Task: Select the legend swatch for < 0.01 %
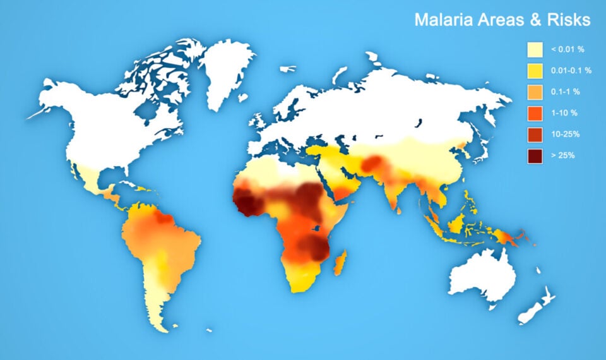535,49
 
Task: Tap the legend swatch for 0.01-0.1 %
535,70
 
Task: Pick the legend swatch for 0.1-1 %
535,92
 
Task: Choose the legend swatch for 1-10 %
535,113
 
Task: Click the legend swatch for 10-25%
535,134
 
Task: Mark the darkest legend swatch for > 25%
535,155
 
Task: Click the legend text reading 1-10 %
564,113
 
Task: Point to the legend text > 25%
562,155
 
